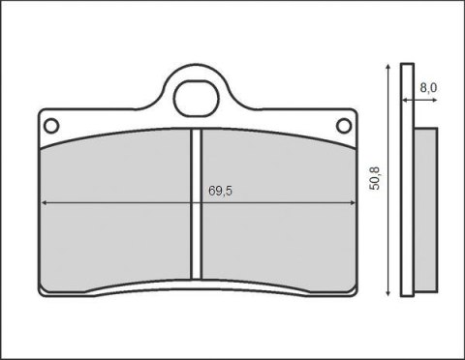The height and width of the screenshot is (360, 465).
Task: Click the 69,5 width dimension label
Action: pyautogui.click(x=220, y=191)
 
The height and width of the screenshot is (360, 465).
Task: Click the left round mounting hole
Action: pyautogui.click(x=52, y=124)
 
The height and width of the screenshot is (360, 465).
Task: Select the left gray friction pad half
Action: pyautogui.click(x=116, y=232)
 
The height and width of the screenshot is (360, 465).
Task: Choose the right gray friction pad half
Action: pyautogui.click(x=276, y=232)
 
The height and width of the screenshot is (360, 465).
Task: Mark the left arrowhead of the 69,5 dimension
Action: pyautogui.click(x=46, y=202)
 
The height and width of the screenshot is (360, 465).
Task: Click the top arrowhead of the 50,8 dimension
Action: pyautogui.click(x=387, y=69)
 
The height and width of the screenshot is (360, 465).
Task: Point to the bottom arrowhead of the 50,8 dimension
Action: pyautogui.click(x=387, y=291)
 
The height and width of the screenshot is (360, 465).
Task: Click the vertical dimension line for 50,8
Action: pyautogui.click(x=387, y=232)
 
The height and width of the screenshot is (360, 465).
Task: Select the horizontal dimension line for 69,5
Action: pyautogui.click(x=126, y=202)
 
